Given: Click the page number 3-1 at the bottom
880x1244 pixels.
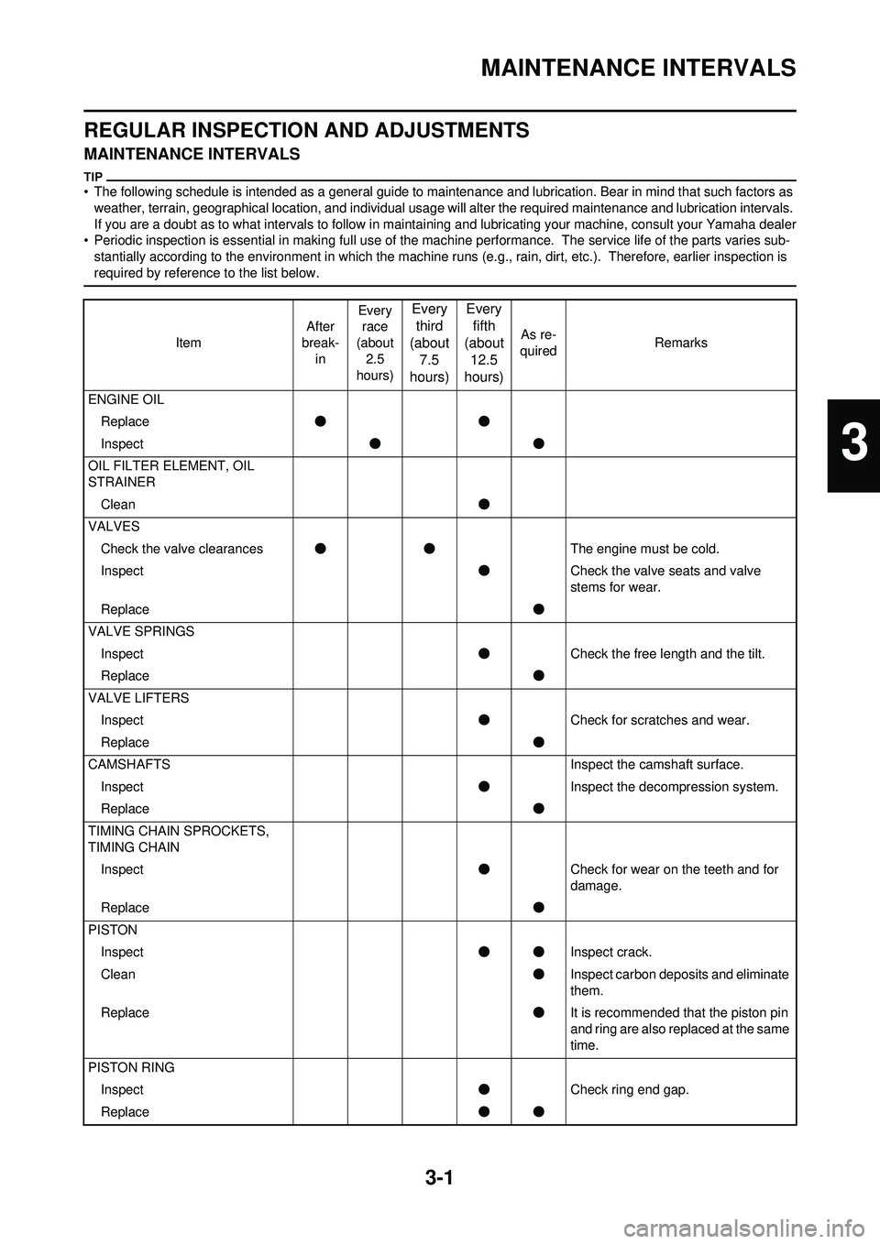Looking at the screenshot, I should point(440,1175).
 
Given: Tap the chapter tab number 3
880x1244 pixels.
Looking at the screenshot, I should point(852,445).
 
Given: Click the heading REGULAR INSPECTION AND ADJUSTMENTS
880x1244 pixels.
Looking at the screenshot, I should point(306,130).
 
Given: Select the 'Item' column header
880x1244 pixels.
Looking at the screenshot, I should point(188,343).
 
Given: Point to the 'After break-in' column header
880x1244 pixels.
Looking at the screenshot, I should point(320,343).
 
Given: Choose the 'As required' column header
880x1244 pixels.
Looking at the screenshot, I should point(538,343).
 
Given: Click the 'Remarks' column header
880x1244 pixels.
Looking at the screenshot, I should point(680,343).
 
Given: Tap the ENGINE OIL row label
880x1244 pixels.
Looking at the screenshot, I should point(126,399).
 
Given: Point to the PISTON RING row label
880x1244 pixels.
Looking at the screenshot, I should point(131,1067).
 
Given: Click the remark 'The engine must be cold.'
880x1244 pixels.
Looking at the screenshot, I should point(644,549).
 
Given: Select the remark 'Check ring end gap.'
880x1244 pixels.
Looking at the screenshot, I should point(629,1089).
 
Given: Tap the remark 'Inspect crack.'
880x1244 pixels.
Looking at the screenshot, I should point(611,952).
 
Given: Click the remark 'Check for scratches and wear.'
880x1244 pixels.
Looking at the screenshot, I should point(659,720).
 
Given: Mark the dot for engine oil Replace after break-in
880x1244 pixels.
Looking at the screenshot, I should point(320,421).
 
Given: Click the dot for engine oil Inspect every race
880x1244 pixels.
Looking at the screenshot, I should point(375,444).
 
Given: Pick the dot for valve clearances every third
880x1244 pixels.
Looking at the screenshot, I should point(429,549).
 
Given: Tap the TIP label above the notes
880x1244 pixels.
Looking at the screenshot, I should point(93,176).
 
